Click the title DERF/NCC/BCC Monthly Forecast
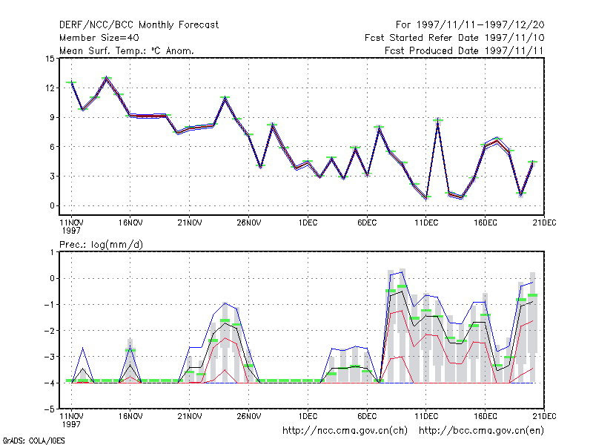139,25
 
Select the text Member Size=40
99,38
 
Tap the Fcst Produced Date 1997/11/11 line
464,50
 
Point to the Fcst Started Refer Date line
454,38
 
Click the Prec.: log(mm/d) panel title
101,245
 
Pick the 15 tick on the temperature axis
50,59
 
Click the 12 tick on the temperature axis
50,88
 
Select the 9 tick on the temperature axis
52,117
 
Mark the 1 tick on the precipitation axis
53,252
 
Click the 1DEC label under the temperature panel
308,223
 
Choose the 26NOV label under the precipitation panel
249,416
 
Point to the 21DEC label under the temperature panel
544,223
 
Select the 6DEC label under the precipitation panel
367,416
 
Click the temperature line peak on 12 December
438,121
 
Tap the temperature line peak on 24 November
225,99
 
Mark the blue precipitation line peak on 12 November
83,348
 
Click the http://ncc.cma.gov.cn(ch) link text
345,431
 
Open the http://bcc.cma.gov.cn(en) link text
481,431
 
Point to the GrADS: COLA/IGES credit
33,441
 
